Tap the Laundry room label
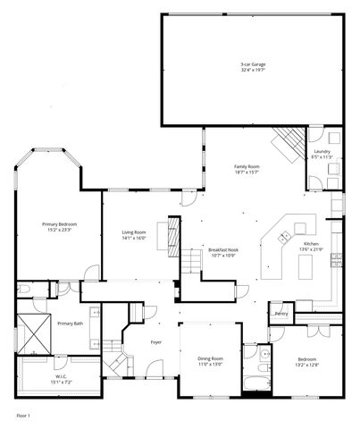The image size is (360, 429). coord(321,152)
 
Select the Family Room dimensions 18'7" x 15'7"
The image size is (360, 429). coord(247,172)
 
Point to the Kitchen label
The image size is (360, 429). coord(310,244)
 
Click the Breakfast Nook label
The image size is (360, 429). coord(222,249)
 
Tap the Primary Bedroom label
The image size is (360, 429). coord(60,223)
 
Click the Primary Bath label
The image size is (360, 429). coord(71,323)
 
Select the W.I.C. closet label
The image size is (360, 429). coord(60,376)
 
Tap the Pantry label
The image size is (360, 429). coord(281,314)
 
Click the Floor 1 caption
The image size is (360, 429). coord(23,416)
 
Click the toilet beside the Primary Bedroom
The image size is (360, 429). coord(26,290)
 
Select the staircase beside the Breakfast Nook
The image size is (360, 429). coord(194,261)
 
